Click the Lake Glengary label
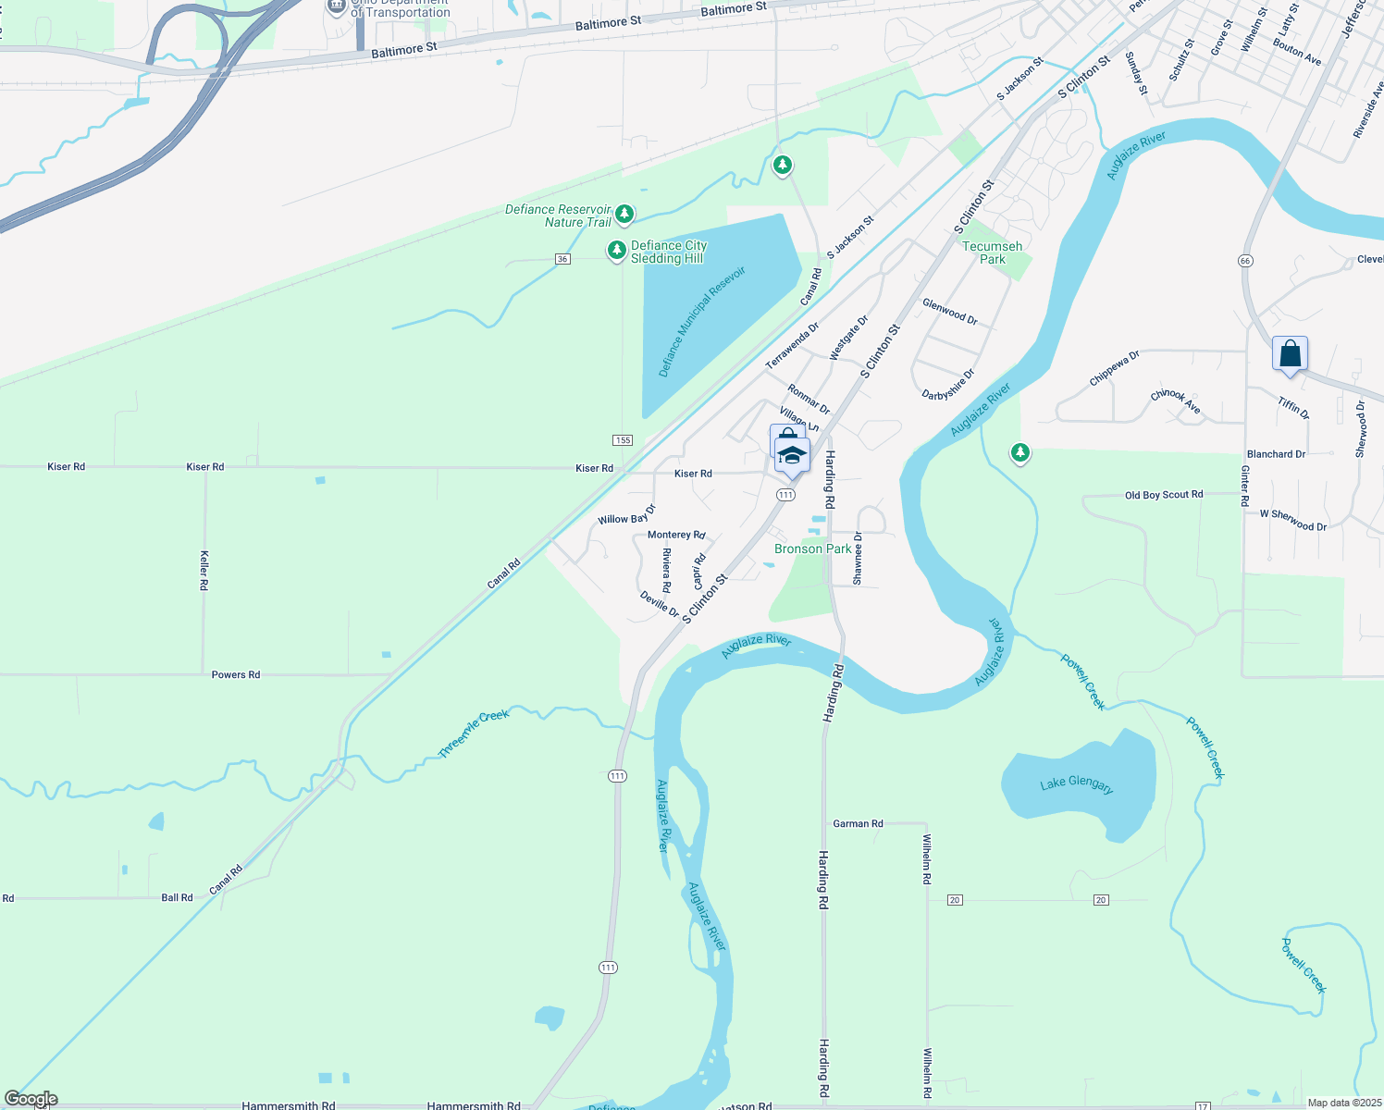click(x=1076, y=784)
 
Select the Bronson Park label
click(x=812, y=549)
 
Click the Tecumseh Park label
click(x=993, y=253)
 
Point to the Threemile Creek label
click(x=474, y=734)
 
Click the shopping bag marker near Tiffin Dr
click(x=1290, y=354)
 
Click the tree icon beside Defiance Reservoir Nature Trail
click(x=624, y=215)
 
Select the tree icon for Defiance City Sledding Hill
click(x=616, y=251)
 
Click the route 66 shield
click(x=1245, y=261)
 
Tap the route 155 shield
click(x=623, y=439)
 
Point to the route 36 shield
click(x=562, y=259)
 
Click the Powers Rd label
click(x=236, y=674)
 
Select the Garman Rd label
click(x=858, y=823)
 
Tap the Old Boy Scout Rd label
click(x=1164, y=495)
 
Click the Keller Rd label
click(x=204, y=570)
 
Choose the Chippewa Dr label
click(x=1115, y=367)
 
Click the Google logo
click(x=31, y=1099)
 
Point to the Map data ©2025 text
click(x=1344, y=1103)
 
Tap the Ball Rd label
click(x=177, y=897)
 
